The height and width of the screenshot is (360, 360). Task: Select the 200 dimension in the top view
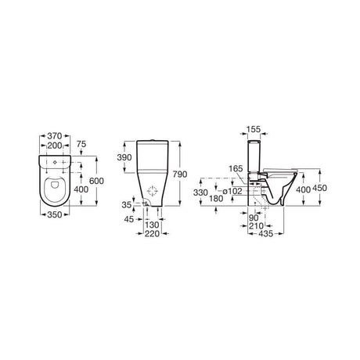pos(53,146)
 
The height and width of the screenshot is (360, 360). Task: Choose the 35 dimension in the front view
pos(126,204)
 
